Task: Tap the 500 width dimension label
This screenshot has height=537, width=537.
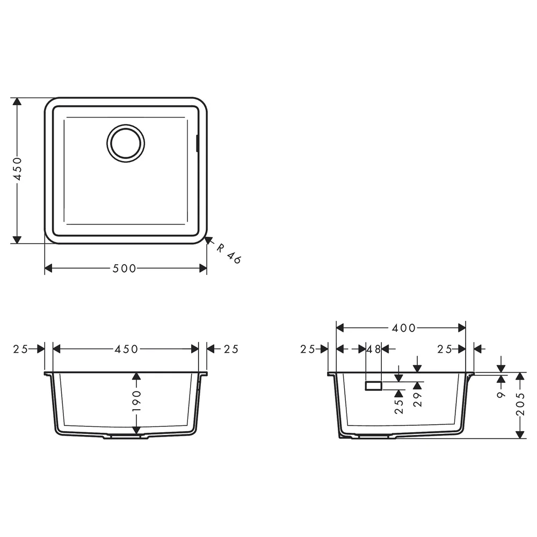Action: point(125,268)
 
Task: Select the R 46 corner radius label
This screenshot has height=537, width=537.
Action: point(228,253)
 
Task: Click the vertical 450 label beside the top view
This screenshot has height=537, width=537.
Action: point(17,169)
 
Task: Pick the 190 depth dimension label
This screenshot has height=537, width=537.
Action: point(136,401)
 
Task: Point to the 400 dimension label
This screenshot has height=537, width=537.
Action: point(403,328)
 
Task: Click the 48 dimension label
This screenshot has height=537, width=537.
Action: point(374,350)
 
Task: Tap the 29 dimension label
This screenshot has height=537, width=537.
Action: point(417,399)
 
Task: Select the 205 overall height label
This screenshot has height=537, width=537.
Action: point(520,404)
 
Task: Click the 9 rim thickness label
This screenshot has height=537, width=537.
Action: point(501,395)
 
